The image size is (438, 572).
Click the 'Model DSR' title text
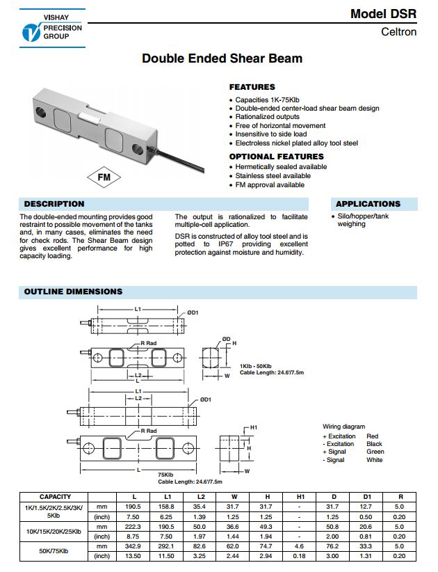tap(384, 14)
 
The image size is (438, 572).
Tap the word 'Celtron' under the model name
tap(399, 32)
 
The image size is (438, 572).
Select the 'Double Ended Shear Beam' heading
tap(222, 58)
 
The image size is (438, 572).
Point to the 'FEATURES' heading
tap(252, 87)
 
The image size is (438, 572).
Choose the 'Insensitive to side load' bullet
tap(270, 134)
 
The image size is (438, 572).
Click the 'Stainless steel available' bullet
tap(273, 176)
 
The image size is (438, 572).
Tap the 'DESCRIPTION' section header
tap(54, 204)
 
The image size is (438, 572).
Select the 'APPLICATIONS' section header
tap(368, 204)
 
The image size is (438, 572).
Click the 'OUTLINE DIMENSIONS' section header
tap(73, 292)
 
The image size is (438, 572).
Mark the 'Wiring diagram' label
tap(343, 427)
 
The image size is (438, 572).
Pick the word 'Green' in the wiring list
tap(375, 452)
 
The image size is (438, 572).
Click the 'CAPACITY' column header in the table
tap(55, 496)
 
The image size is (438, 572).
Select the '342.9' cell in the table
tap(134, 546)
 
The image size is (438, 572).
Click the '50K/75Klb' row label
tap(55, 550)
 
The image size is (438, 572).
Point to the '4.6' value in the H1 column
tap(300, 546)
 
